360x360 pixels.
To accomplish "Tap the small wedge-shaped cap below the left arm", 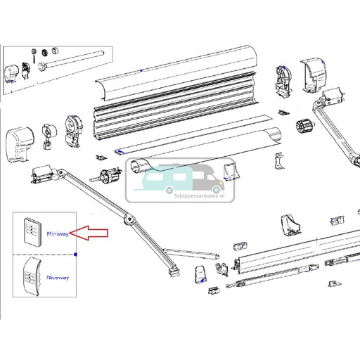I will (198, 274).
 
